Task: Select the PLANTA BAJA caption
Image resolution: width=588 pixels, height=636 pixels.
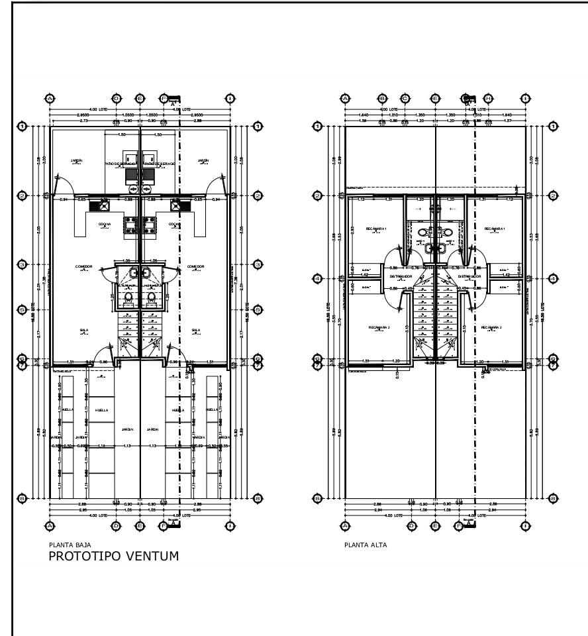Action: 66,545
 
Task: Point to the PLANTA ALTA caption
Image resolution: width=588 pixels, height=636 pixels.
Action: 366,545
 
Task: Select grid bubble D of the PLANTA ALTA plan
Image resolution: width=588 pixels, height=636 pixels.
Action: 412,525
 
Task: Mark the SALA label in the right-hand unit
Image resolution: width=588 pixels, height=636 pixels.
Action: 195,330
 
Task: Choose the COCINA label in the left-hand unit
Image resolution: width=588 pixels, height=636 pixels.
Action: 105,224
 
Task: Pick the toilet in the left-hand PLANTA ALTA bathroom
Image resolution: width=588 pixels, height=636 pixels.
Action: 424,233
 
